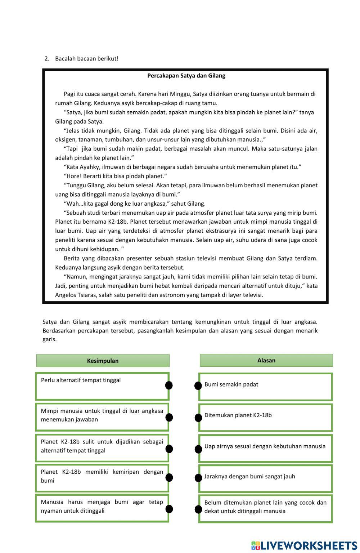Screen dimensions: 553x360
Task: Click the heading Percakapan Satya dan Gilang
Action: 186,76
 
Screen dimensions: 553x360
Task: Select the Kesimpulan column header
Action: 103,361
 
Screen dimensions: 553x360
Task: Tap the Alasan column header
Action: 266,360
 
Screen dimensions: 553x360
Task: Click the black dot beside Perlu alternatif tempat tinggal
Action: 169,385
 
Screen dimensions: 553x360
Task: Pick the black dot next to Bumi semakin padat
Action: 198,386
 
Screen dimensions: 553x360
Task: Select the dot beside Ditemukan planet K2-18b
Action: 198,418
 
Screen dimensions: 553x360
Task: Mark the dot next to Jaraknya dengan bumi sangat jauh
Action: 198,478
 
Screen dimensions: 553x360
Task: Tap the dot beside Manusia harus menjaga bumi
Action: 169,509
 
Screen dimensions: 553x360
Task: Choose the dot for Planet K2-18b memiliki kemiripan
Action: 169,478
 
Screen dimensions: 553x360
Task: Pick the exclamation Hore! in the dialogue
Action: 74,176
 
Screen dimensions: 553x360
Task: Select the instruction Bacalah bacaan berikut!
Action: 87,58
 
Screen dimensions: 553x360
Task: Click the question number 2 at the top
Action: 46,58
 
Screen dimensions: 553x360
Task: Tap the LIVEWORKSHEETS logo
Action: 304,545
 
